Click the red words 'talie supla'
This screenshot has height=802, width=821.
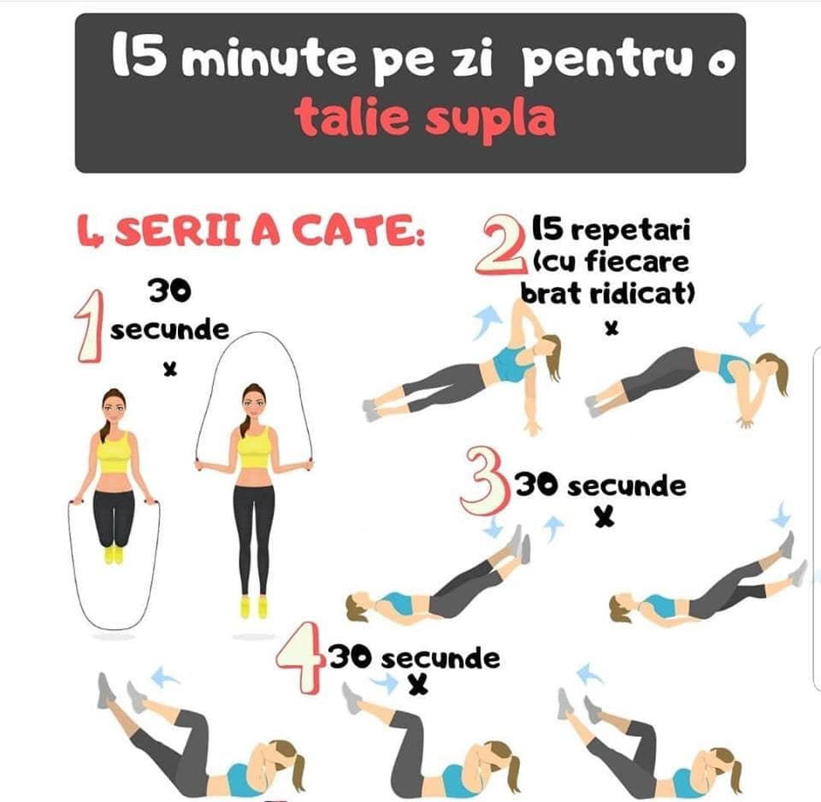pos(425,118)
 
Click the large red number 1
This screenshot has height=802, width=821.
pos(88,327)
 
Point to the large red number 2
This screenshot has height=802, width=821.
pos(499,245)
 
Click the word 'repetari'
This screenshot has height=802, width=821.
pos(630,230)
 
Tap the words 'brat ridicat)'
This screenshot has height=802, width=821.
pos(607,292)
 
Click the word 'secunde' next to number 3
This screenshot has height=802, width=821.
pos(627,486)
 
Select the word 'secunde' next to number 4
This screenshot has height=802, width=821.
pos(440,659)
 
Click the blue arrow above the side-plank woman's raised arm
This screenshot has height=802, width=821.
pos(487,321)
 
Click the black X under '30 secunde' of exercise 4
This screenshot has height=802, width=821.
pos(418,684)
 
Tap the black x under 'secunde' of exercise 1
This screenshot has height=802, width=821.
pos(169,369)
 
